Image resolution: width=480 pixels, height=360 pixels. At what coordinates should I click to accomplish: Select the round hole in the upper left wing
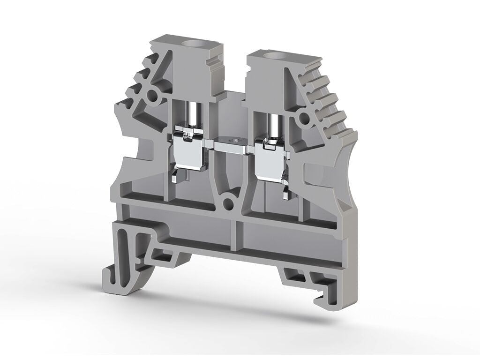[152, 97]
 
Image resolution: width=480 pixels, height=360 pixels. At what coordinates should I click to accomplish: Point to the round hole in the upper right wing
[304, 117]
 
